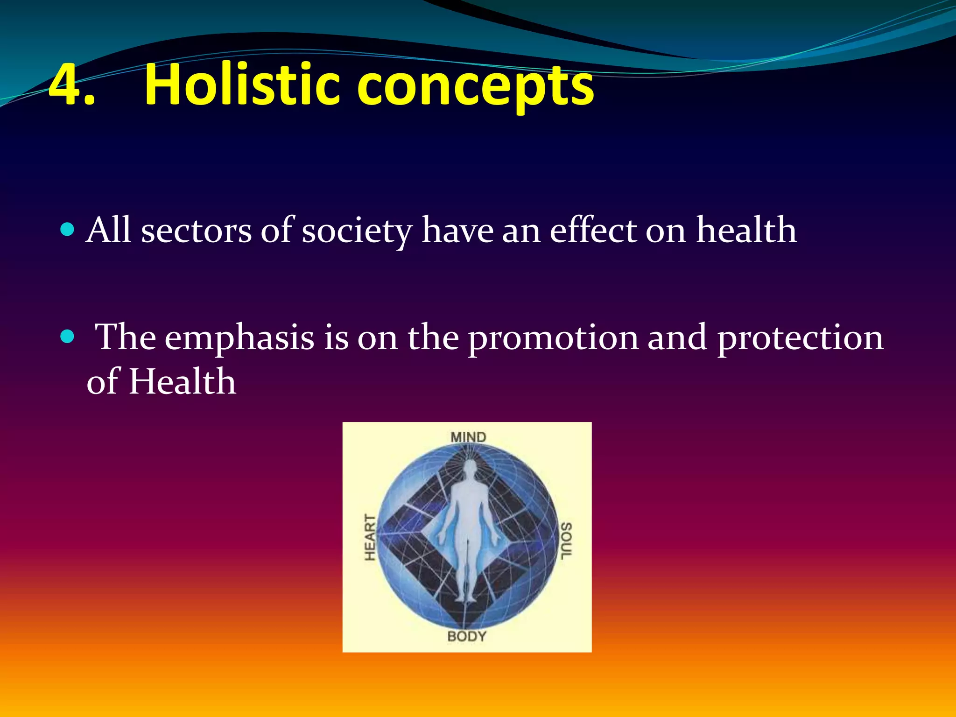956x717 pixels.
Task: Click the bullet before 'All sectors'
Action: tap(68, 230)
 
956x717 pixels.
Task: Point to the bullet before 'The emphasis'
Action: tap(68, 336)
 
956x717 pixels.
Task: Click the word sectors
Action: tap(196, 232)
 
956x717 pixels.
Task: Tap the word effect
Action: tap(593, 231)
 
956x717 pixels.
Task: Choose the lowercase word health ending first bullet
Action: tap(746, 231)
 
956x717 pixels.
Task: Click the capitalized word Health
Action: tap(182, 382)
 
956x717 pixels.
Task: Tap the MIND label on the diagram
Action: tap(468, 437)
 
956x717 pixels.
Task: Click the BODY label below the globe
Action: tap(467, 636)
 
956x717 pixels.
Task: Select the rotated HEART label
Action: tap(370, 538)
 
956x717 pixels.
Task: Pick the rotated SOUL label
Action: tap(565, 541)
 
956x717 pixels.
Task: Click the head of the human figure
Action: tap(470, 467)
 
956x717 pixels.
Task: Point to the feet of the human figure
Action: tap(465, 597)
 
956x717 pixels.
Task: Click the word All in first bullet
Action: tap(108, 231)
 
